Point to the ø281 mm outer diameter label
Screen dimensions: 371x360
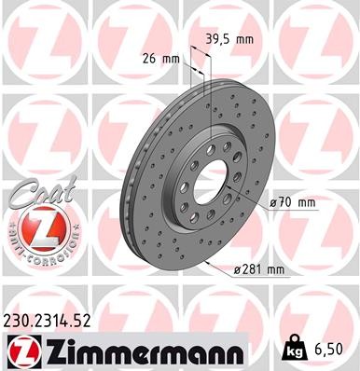click(260, 269)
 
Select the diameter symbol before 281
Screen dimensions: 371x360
click(240, 269)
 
